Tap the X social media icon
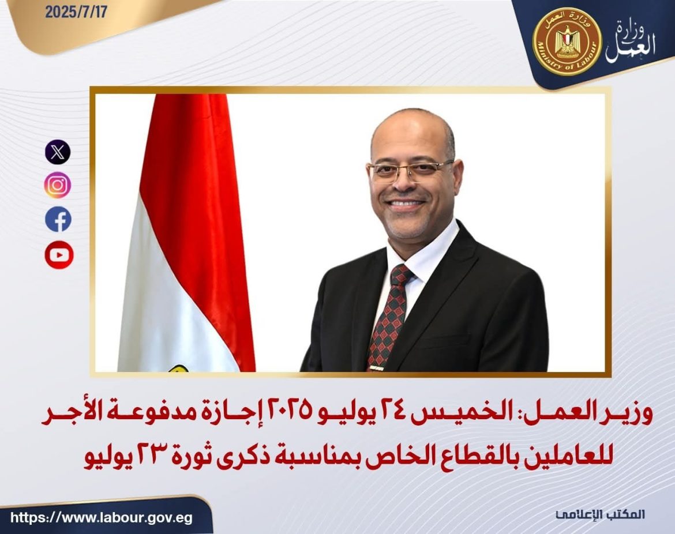coord(58,153)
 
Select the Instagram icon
coord(58,186)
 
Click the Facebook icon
coord(58,220)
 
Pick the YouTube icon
coord(58,254)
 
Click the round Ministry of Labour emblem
coord(567,42)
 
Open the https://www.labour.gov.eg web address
coord(101,517)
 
